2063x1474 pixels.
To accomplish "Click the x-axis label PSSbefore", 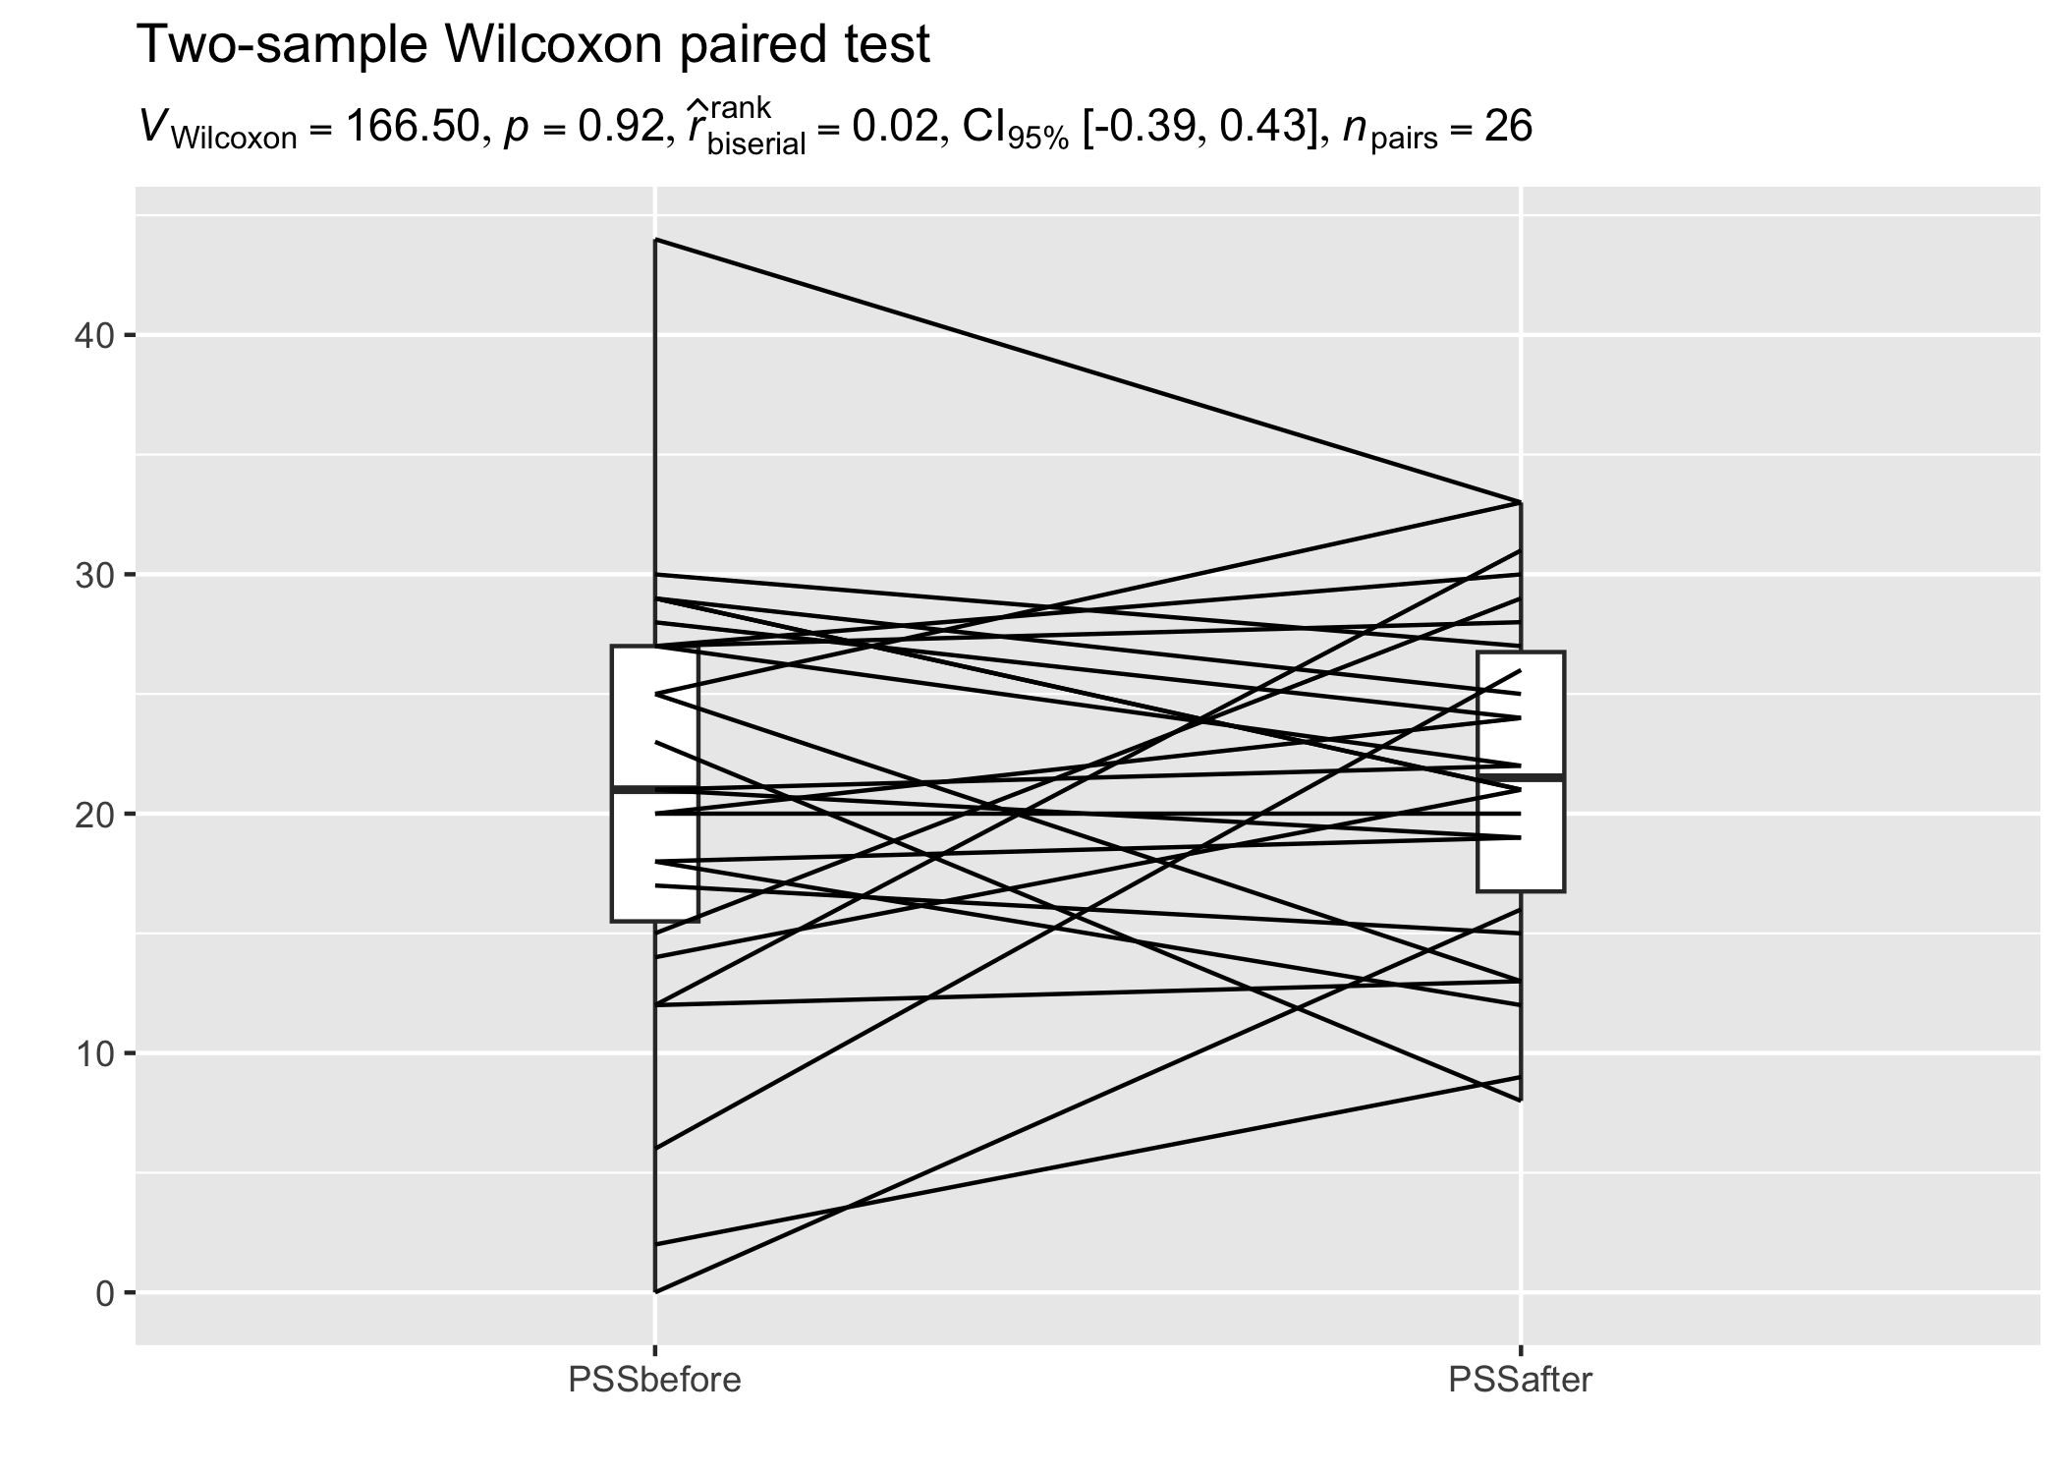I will pyautogui.click(x=654, y=1381).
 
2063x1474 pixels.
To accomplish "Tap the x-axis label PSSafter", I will pyautogui.click(x=1520, y=1381).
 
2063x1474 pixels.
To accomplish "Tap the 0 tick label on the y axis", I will pyautogui.click(x=105, y=1292).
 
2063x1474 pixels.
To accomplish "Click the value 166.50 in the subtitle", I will pyautogui.click(x=411, y=127).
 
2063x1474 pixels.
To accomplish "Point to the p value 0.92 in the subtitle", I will pyautogui.click(x=620, y=127).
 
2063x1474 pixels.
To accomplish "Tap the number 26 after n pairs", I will pyautogui.click(x=1508, y=127).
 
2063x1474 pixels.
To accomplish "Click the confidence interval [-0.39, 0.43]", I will pyautogui.click(x=1194, y=127).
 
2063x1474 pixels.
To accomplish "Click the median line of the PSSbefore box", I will pyautogui.click(x=654, y=789).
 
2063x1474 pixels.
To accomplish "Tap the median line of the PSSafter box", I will pyautogui.click(x=1521, y=777).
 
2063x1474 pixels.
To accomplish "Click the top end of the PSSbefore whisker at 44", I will pyautogui.click(x=655, y=240).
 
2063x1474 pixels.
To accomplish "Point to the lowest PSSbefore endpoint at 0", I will pyautogui.click(x=655, y=1291).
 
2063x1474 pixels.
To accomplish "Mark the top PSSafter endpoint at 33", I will pyautogui.click(x=1521, y=503).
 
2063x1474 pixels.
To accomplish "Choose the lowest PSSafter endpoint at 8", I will pyautogui.click(x=1521, y=1101).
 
